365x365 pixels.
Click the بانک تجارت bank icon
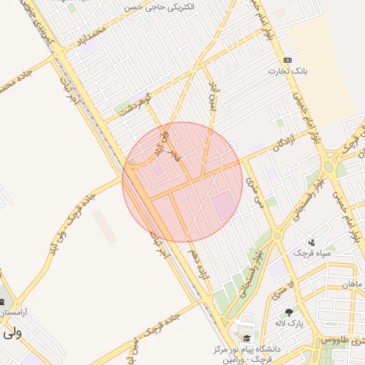287,60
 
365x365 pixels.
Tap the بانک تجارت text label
287,71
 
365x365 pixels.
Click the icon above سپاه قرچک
312,242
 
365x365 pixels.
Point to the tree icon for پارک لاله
289,312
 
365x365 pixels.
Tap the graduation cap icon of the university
246,339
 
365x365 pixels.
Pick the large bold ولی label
11,332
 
